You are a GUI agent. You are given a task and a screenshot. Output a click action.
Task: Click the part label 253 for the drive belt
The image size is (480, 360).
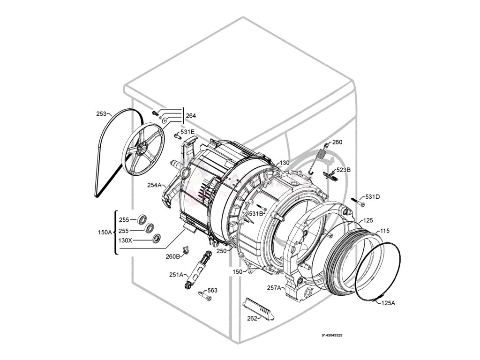click(x=101, y=113)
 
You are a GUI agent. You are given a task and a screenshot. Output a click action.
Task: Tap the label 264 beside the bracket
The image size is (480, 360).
click(x=191, y=116)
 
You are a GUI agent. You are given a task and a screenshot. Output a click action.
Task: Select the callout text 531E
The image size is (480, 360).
click(x=187, y=132)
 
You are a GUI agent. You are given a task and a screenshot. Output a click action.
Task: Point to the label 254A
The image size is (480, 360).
click(x=154, y=185)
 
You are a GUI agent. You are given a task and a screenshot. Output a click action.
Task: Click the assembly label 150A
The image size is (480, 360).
click(x=105, y=232)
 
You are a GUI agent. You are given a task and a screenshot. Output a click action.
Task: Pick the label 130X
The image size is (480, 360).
click(x=126, y=240)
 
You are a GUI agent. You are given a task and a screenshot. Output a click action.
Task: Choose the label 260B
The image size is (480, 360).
click(x=172, y=256)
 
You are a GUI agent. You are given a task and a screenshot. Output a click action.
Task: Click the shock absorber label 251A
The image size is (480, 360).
click(x=176, y=275)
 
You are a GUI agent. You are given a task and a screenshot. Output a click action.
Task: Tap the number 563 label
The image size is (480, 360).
click(x=212, y=291)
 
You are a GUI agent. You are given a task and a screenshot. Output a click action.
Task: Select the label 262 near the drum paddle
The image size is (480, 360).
click(x=252, y=319)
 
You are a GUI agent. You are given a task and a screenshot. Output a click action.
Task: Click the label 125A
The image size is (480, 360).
click(x=387, y=303)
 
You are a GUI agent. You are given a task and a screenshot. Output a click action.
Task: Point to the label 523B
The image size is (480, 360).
click(x=343, y=170)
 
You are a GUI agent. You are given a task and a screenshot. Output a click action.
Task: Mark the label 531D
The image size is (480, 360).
click(x=372, y=197)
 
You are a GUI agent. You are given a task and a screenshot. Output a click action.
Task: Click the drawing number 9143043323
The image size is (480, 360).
click(x=332, y=335)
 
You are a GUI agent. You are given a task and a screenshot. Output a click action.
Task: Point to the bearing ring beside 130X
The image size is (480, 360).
click(x=157, y=240)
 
